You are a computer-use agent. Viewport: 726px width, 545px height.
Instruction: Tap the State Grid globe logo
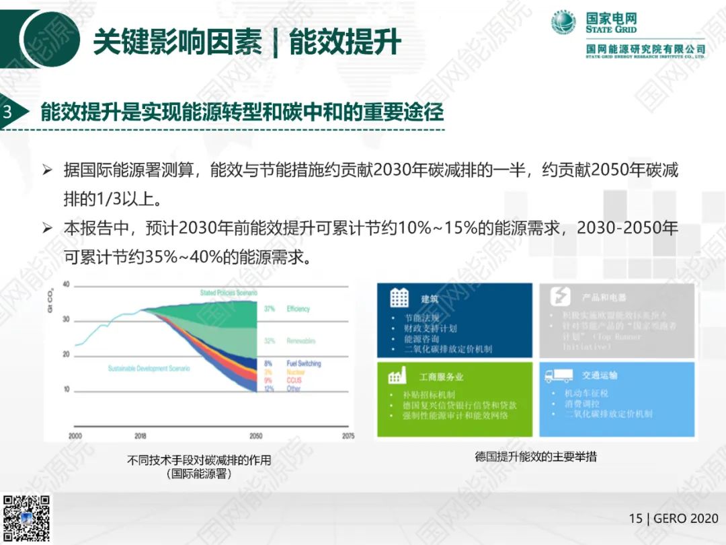point(564,23)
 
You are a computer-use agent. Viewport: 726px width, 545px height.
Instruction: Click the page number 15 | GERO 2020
point(673,519)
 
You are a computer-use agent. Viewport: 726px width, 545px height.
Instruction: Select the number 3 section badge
point(8,112)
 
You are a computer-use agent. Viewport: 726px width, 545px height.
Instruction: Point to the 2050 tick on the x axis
point(255,436)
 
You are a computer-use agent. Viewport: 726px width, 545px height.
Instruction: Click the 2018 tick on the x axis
point(140,436)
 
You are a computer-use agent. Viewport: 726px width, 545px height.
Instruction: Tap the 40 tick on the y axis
point(66,284)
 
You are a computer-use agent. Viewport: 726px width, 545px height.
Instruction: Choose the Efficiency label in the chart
point(298,309)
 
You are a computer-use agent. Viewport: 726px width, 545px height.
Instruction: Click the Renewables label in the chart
point(300,341)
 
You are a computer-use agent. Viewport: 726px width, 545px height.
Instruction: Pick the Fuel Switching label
point(304,363)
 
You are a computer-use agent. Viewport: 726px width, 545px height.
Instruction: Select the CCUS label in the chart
point(294,381)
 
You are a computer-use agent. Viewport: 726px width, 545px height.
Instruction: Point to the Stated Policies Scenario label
point(229,293)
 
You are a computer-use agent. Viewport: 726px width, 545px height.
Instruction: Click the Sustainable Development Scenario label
point(149,369)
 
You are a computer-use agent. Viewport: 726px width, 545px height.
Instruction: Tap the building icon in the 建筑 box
point(399,298)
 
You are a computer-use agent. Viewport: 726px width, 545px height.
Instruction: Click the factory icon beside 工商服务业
point(399,375)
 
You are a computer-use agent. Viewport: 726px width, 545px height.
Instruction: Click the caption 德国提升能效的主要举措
point(535,457)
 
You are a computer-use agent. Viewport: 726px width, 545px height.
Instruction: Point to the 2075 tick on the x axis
point(348,436)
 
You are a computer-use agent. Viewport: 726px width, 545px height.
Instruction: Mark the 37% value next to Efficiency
point(270,309)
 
